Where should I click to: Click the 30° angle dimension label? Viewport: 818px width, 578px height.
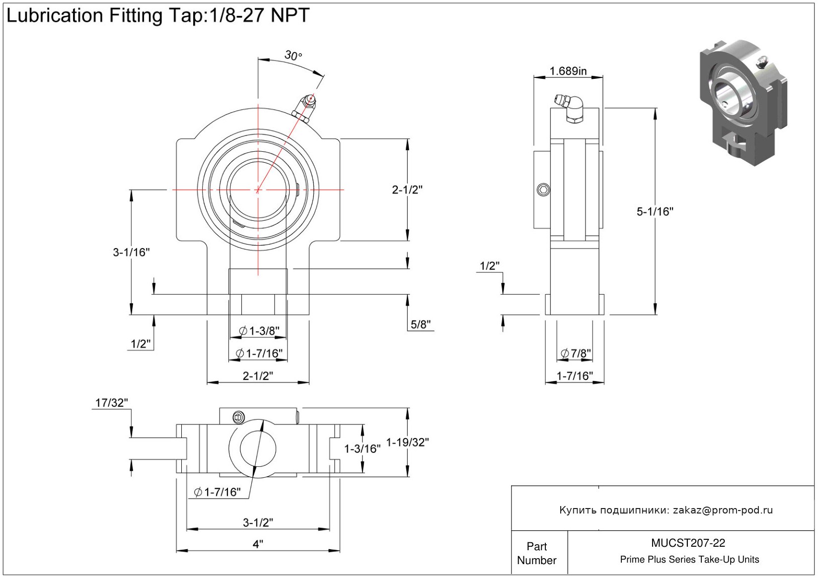point(293,55)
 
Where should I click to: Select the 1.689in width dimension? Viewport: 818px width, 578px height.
point(568,71)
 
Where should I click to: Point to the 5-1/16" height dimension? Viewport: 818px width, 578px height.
point(655,211)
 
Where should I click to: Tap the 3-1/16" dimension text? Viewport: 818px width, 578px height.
point(131,252)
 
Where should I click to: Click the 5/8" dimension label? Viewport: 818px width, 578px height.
point(421,324)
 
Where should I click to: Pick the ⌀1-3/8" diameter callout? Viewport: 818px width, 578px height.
point(259,330)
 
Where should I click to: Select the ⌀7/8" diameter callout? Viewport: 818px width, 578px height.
point(576,353)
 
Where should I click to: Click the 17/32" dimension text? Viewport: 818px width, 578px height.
point(112,402)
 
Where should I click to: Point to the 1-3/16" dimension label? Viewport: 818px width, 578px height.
point(363,449)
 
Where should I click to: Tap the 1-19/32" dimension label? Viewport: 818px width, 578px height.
point(407,442)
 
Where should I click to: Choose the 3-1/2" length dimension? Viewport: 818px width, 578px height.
point(258,522)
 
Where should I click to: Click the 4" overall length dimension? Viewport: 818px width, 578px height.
point(258,544)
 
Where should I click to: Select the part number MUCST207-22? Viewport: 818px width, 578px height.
point(688,543)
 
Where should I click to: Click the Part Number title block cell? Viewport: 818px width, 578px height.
point(536,553)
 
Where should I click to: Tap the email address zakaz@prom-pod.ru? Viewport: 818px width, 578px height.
point(723,510)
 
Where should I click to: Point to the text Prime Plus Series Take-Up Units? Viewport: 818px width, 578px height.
point(689,560)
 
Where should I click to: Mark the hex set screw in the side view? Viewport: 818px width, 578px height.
point(543,190)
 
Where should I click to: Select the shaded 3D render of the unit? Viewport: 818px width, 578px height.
point(743,102)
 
